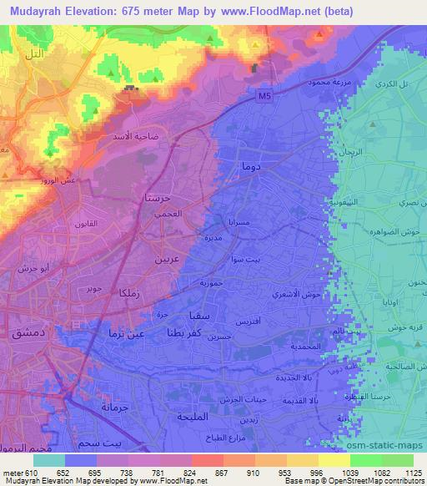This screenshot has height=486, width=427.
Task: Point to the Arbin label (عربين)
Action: click(x=166, y=259)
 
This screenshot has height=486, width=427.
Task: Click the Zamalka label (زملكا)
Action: click(x=112, y=293)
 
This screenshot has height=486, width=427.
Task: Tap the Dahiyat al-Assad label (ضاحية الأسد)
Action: click(x=137, y=135)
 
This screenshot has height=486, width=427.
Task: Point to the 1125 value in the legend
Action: click(x=412, y=472)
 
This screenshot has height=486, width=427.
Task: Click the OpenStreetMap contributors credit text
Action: click(x=379, y=482)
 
